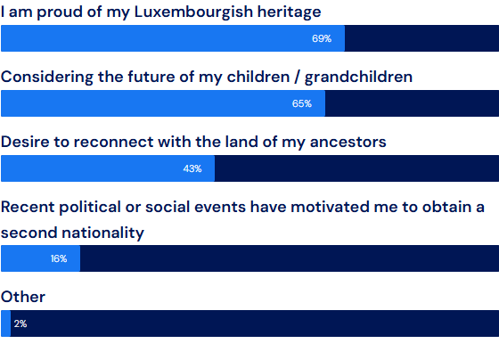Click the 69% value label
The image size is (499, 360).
[x=322, y=38]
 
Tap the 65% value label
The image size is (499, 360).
[x=302, y=103]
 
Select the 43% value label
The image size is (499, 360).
[x=192, y=168]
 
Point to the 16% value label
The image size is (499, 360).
[x=59, y=258]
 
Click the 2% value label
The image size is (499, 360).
[x=20, y=323]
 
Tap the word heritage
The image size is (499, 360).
[x=289, y=12]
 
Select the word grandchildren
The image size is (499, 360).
[x=358, y=77]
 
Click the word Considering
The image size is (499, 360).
[x=46, y=78]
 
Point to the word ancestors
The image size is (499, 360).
[x=348, y=142]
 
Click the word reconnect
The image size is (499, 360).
[x=113, y=142]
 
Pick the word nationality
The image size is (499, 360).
[x=102, y=233]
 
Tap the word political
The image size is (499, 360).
[x=89, y=208]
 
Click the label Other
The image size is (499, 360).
[x=23, y=297]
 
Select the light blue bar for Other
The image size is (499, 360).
[x=5, y=323]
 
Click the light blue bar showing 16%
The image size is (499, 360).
[x=40, y=258]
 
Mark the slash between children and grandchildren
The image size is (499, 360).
[x=297, y=78]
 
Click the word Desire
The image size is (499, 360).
[x=25, y=142]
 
